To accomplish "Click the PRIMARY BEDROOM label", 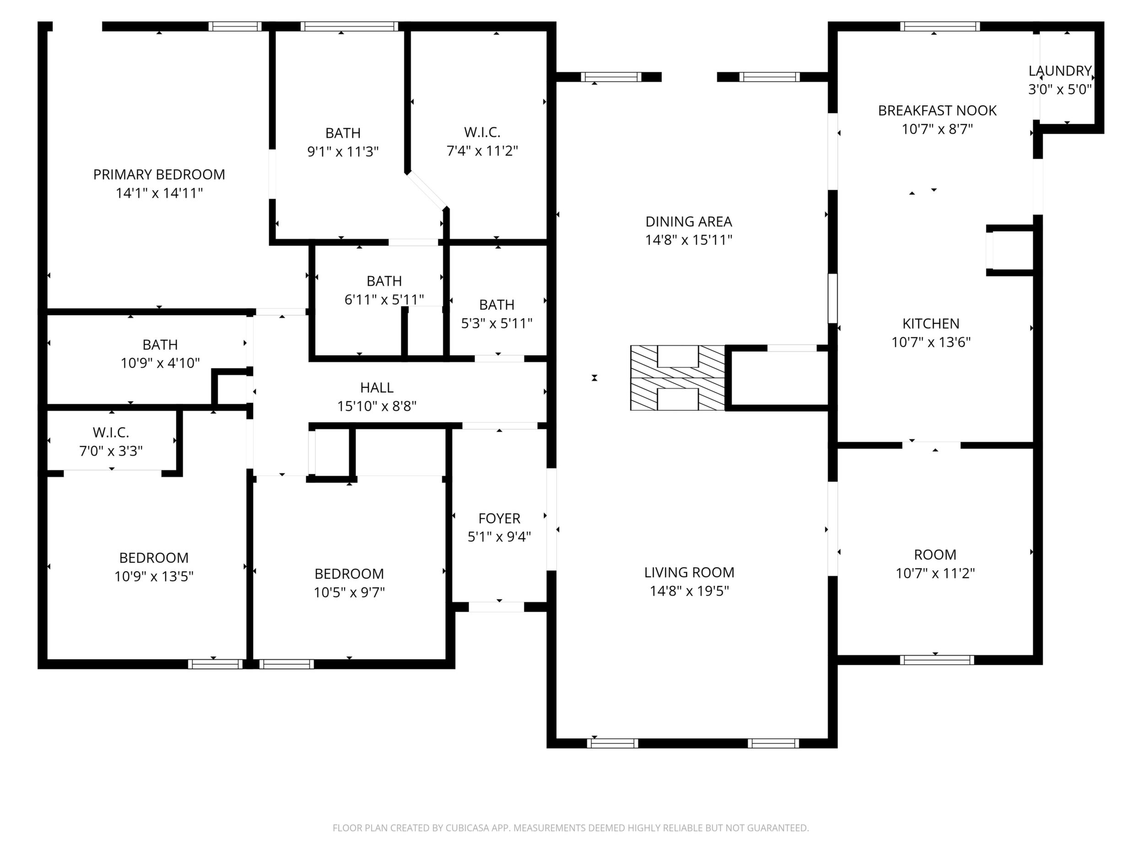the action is [x=159, y=174].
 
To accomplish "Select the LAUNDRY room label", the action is [x=1060, y=71].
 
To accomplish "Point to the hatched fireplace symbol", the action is [x=677, y=378].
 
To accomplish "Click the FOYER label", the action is [x=499, y=519].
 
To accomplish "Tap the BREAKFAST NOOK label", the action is [x=937, y=110].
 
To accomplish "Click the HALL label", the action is [x=377, y=387].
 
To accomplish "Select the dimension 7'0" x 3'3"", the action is [x=111, y=451].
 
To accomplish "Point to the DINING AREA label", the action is [x=689, y=222].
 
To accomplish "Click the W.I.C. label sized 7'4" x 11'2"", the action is [x=482, y=132].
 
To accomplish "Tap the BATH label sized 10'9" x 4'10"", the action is [x=160, y=345].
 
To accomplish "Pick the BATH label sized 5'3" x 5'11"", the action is [x=497, y=305].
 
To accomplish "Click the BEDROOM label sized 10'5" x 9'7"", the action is [x=349, y=574].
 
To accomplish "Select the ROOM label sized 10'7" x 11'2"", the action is [x=935, y=555].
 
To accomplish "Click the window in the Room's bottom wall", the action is [x=937, y=660].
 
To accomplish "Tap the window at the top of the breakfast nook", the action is [x=940, y=27].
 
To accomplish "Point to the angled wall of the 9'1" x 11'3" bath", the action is [x=427, y=190].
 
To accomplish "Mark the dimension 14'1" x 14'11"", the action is [x=159, y=193].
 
